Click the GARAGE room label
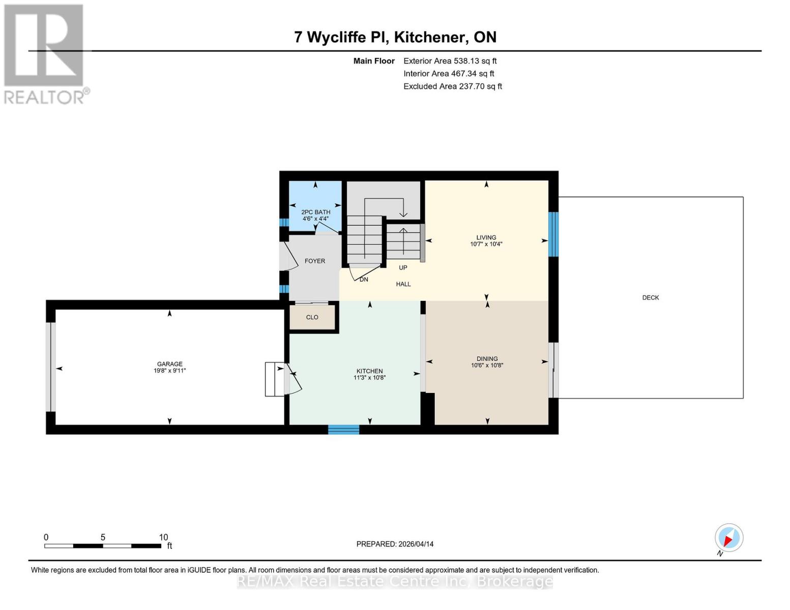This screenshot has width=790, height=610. pos(169,364)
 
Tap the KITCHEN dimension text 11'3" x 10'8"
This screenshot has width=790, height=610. pos(369,378)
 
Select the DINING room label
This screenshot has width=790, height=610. pos(487,358)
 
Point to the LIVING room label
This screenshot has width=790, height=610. pos(486,237)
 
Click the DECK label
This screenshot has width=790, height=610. pos(650,297)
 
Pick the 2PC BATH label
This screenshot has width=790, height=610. pos(315,212)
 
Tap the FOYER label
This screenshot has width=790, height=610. pos(314,261)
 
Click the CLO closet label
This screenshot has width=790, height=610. pos(312,317)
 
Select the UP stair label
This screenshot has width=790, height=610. pos(403,267)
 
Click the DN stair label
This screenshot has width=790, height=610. pos(364,280)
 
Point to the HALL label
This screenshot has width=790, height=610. pos(403,284)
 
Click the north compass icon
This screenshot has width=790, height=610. pos(728,538)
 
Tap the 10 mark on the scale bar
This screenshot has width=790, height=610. pos(163,537)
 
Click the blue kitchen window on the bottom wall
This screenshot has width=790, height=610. pos(343,430)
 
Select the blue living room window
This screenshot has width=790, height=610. pos(553,234)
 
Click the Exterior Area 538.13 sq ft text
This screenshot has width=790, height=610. pos(450,61)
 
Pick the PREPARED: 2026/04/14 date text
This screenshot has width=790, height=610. pos(395,544)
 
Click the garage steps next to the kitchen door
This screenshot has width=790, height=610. pos(274,379)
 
